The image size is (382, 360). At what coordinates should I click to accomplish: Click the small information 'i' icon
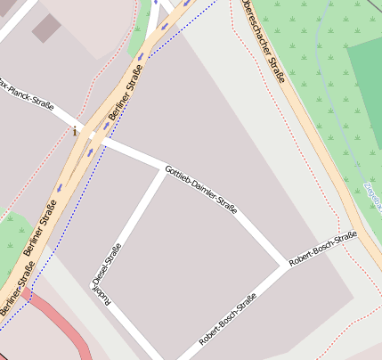point(75,132)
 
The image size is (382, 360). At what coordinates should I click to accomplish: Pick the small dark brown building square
point(46,28)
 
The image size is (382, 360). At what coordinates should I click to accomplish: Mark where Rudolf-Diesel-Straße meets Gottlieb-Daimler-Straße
point(165,169)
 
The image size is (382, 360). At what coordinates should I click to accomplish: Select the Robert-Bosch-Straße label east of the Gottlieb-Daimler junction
point(323,247)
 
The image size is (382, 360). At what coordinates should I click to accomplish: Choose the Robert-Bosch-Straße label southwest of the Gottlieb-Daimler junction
point(228,318)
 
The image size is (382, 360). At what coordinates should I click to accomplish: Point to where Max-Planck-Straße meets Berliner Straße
point(87,134)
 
